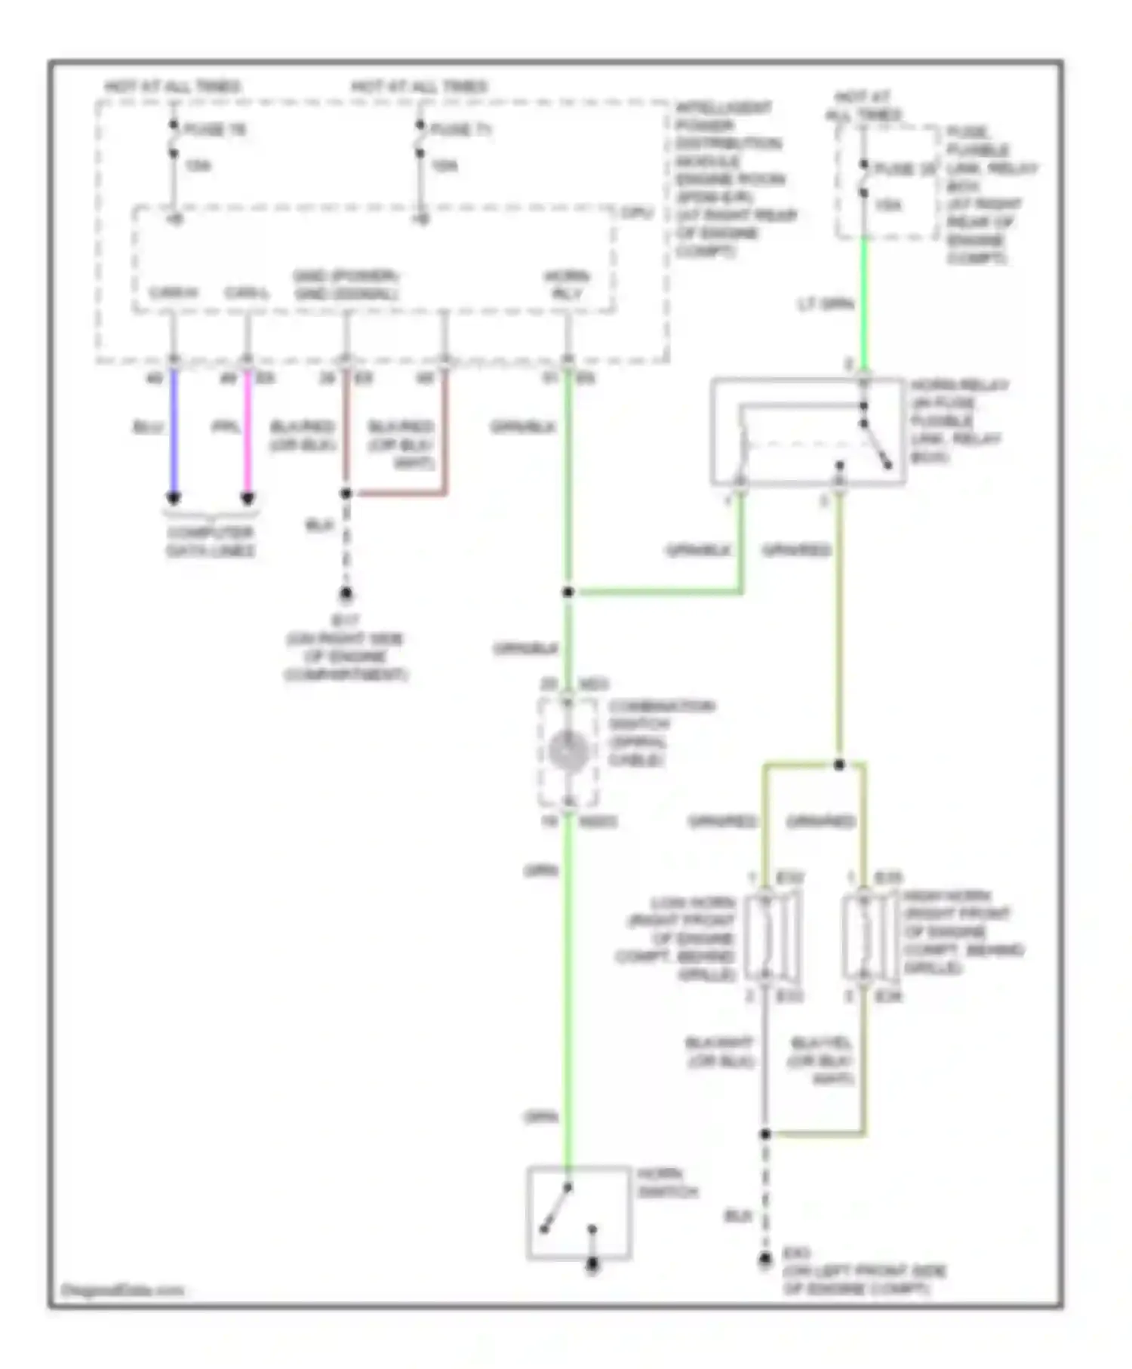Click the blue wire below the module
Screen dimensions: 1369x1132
click(174, 430)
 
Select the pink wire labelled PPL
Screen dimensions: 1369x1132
click(247, 430)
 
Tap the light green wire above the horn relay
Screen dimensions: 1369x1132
click(864, 302)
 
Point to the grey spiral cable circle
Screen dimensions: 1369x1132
click(568, 752)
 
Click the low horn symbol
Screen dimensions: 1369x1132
click(771, 936)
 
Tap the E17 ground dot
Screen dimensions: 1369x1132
click(346, 594)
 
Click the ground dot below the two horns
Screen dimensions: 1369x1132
click(765, 1259)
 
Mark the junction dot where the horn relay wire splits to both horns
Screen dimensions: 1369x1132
click(839, 764)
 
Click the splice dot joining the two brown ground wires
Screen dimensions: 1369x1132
click(346, 494)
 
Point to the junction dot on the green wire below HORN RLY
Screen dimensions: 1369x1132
click(568, 592)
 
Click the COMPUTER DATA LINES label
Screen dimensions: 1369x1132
click(210, 541)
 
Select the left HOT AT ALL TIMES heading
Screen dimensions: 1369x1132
click(172, 86)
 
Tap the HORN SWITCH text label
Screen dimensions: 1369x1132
click(667, 1183)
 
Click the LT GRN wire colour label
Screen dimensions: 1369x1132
click(826, 304)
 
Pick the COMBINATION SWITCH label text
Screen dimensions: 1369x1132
click(661, 732)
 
